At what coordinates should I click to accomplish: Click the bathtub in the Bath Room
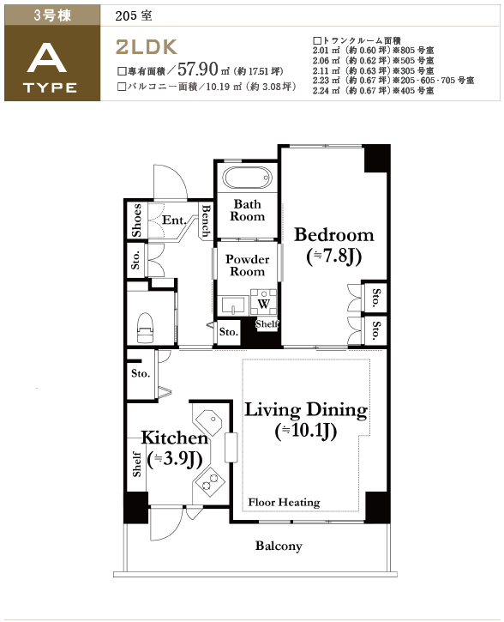pos(247,178)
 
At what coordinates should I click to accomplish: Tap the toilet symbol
pos(145,328)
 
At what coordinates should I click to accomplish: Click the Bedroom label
pos(334,235)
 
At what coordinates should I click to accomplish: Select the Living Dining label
pos(306,410)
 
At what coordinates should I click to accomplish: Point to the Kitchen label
pos(175,438)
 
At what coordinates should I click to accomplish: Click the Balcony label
pos(279,546)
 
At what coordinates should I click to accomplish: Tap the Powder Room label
pos(247,265)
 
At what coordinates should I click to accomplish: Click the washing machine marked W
pos(263,303)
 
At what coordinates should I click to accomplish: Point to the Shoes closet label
pos(136,220)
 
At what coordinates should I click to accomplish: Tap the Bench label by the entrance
pos(206,220)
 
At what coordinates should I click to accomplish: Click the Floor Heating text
pos(284,502)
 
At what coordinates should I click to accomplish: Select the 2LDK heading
pos(146,47)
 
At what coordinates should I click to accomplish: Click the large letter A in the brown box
pos(48,57)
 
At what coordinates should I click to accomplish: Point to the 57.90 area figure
pos(198,69)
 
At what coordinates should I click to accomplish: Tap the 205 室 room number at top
pos(134,15)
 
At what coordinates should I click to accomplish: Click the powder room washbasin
pos(232,305)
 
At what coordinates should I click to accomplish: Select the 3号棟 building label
pos(52,15)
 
